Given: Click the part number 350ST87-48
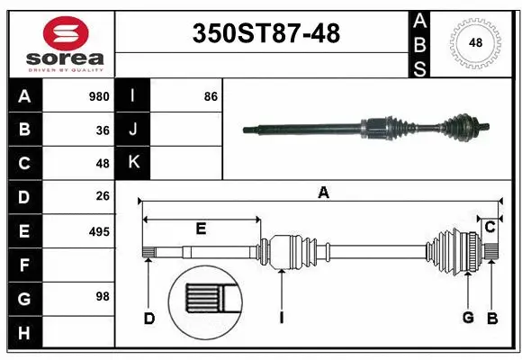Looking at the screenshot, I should pyautogui.click(x=266, y=34).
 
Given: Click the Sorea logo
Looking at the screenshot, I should pyautogui.click(x=60, y=42).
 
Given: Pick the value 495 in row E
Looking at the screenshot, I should pyautogui.click(x=98, y=231).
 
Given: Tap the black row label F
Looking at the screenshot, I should pyautogui.click(x=23, y=265).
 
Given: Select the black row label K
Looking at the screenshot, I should pyautogui.click(x=133, y=163).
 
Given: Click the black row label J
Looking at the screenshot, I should pyautogui.click(x=133, y=130).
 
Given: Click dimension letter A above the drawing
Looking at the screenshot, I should pyautogui.click(x=323, y=192).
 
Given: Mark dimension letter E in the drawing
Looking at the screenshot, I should pyautogui.click(x=201, y=229).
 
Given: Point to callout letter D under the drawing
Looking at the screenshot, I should pyautogui.click(x=149, y=318).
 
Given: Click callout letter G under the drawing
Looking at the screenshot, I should pyautogui.click(x=467, y=318).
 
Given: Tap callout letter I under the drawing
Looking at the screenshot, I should pyautogui.click(x=281, y=318).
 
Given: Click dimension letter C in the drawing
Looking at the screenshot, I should pyautogui.click(x=490, y=227).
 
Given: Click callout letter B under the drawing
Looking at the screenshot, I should pyautogui.click(x=492, y=318).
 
